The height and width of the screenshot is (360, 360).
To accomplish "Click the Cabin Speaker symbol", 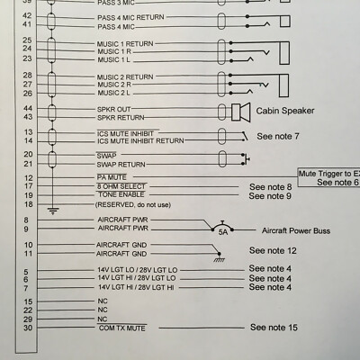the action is (x=241, y=112).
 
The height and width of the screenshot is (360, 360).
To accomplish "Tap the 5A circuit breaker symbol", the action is (x=222, y=227).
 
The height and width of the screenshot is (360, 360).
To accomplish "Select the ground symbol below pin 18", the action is (x=53, y=211).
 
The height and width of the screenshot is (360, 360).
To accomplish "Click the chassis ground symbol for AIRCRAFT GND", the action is (x=219, y=257).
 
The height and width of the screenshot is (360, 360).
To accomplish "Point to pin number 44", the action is (x=28, y=108).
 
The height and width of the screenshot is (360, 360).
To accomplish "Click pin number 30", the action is (x=28, y=328).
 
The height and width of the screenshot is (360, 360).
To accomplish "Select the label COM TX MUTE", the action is (x=121, y=328).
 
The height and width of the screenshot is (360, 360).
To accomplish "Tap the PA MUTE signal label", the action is (x=112, y=177).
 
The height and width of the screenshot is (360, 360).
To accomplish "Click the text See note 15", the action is (x=274, y=328).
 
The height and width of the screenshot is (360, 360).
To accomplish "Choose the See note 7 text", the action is (x=278, y=136).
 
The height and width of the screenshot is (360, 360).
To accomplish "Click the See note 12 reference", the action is (x=273, y=250).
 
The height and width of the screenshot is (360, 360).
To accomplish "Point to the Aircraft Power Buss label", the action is (x=296, y=230).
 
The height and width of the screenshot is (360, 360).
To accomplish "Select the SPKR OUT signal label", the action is (x=113, y=109).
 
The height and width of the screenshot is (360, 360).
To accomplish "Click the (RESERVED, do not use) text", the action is (x=133, y=205).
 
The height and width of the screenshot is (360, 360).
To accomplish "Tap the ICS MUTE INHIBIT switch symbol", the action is (x=246, y=136).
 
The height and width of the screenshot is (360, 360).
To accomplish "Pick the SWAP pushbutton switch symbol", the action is (x=246, y=159).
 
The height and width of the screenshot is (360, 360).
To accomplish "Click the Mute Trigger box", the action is (x=328, y=178).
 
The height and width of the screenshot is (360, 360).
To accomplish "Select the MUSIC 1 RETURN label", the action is (x=125, y=44).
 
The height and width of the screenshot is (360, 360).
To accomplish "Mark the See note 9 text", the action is (x=270, y=196).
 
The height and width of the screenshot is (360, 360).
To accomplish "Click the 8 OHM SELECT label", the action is (x=121, y=186).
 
